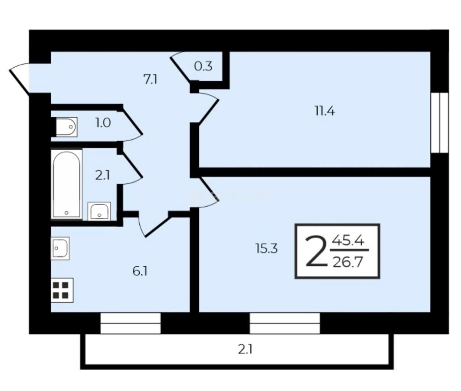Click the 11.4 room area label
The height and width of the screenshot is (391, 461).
pyautogui.click(x=325, y=111)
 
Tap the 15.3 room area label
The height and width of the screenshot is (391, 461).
pyautogui.click(x=267, y=248)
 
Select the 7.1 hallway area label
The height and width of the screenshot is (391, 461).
pyautogui.click(x=151, y=79)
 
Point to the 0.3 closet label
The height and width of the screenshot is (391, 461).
pyautogui.click(x=203, y=66)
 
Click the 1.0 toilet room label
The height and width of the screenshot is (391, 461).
pyautogui.click(x=103, y=123)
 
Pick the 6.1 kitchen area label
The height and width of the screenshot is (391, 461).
pyautogui.click(x=140, y=271)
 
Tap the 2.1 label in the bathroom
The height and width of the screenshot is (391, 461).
pyautogui.click(x=103, y=175)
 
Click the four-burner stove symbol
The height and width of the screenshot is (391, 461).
pyautogui.click(x=62, y=290)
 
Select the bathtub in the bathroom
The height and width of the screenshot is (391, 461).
pyautogui.click(x=67, y=184)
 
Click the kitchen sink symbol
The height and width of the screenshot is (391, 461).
pyautogui.click(x=60, y=248)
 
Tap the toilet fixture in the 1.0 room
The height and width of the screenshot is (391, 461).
pyautogui.click(x=67, y=127)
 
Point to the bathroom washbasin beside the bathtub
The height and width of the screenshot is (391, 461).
pyautogui.click(x=99, y=212)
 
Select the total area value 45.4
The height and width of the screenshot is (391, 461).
pyautogui.click(x=348, y=241)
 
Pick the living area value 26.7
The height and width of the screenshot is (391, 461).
pyautogui.click(x=347, y=262)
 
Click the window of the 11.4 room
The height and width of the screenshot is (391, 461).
pyautogui.click(x=439, y=123)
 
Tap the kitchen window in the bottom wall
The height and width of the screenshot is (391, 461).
pyautogui.click(x=131, y=323)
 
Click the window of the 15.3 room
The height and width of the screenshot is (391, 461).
pyautogui.click(x=285, y=323)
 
